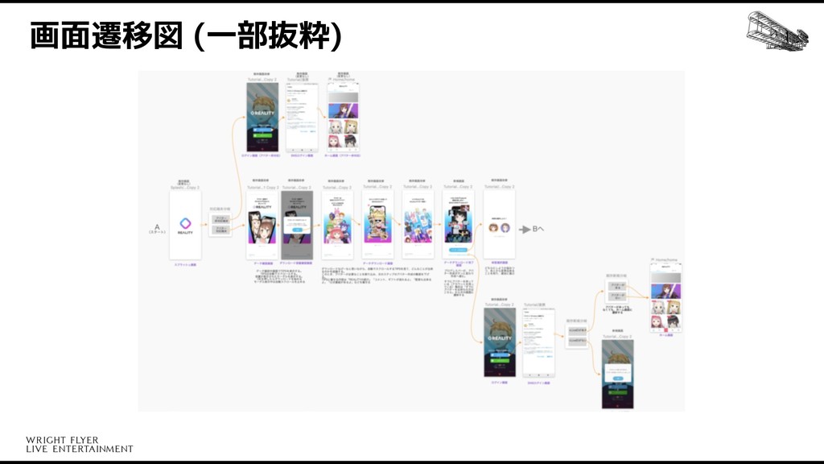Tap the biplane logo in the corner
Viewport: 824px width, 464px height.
coord(777,32)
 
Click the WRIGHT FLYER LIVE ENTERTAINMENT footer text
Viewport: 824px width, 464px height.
coord(79,444)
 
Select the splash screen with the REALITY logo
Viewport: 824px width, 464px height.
coord(185,225)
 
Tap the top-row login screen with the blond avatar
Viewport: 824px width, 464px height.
coord(262,117)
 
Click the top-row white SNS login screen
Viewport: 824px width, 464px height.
coord(302,117)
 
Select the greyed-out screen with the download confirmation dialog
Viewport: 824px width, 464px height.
coord(297,225)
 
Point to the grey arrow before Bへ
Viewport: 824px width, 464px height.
coord(525,228)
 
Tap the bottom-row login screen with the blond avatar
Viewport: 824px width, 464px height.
coord(499,343)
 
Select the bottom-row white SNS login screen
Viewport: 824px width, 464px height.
coord(538,343)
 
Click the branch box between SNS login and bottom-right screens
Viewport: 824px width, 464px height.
coord(576,338)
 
